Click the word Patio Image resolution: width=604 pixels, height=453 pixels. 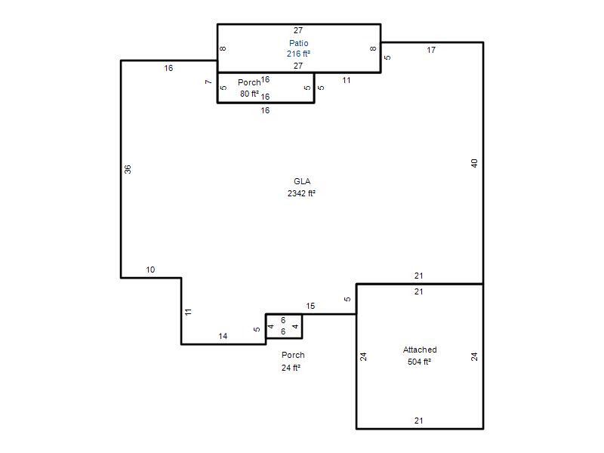click(x=298, y=43)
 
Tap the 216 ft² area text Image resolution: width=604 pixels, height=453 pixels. click(x=298, y=54)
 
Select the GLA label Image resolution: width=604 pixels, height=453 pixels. click(x=302, y=181)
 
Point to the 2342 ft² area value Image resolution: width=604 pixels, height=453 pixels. click(x=301, y=193)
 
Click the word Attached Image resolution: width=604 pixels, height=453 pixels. click(x=420, y=350)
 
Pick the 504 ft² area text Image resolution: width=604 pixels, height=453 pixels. click(x=419, y=362)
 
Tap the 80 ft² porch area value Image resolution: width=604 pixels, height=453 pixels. click(x=249, y=94)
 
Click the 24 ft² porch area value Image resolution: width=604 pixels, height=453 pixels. click(x=291, y=368)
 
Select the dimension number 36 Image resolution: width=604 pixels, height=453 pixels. click(x=128, y=169)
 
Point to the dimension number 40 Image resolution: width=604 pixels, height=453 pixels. click(x=474, y=163)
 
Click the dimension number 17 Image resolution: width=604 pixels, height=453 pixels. click(x=431, y=50)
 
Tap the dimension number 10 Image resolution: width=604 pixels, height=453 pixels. click(x=150, y=270)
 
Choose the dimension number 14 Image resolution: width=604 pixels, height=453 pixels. click(x=223, y=336)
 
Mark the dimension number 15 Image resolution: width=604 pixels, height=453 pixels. click(x=310, y=306)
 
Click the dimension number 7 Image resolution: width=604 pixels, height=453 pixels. click(x=208, y=82)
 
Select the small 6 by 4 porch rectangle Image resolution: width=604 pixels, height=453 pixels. click(x=284, y=314)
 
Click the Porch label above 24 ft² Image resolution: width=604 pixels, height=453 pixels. click(x=293, y=355)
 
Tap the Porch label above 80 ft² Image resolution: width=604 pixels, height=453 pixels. click(x=249, y=82)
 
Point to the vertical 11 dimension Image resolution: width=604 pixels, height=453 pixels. click(x=188, y=312)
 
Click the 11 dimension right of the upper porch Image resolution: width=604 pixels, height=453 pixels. click(x=347, y=81)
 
